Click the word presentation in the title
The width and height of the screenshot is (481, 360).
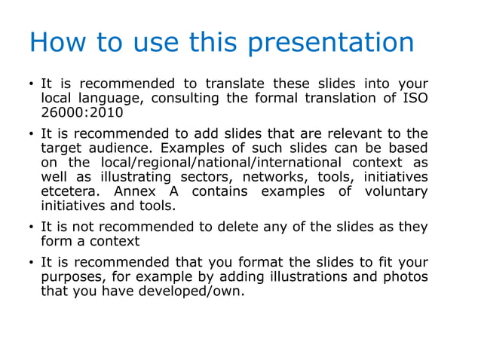pos(332,42)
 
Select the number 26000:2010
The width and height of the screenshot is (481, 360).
pos(81,113)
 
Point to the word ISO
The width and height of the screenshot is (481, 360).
pos(415,99)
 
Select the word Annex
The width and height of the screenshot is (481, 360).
pos(136,191)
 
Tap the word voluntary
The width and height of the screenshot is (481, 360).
pos(396,191)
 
